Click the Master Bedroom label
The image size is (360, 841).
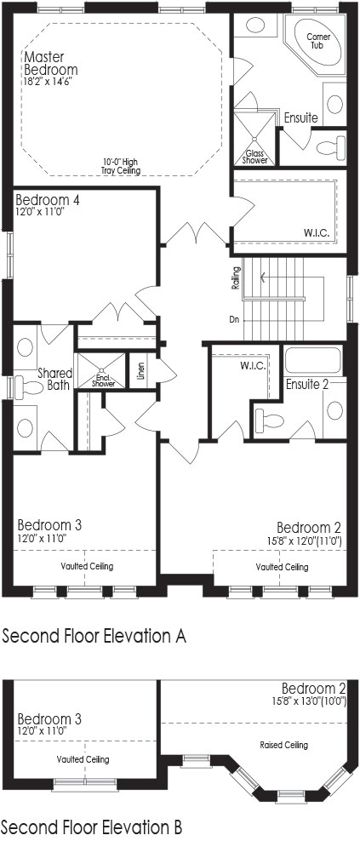[50, 63]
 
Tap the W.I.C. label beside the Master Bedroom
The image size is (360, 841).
[316, 232]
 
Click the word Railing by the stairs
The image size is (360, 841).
[236, 279]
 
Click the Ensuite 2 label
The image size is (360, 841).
[306, 384]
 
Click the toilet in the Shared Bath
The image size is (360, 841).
[30, 388]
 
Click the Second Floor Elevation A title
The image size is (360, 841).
[94, 635]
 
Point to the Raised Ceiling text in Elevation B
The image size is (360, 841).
[284, 745]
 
